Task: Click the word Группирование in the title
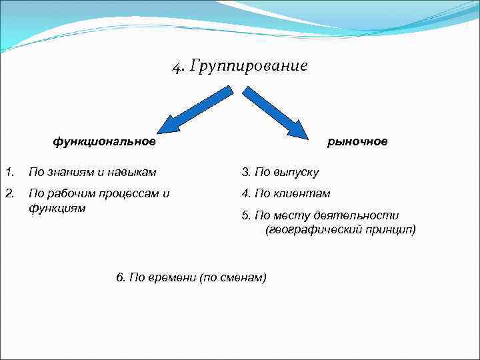[249, 67]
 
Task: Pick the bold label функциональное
[105, 141]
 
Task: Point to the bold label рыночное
[357, 141]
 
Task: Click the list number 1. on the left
[9, 172]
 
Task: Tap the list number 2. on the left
[9, 193]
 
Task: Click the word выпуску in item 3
[296, 173]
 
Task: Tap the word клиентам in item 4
[302, 194]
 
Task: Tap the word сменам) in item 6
[246, 277]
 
